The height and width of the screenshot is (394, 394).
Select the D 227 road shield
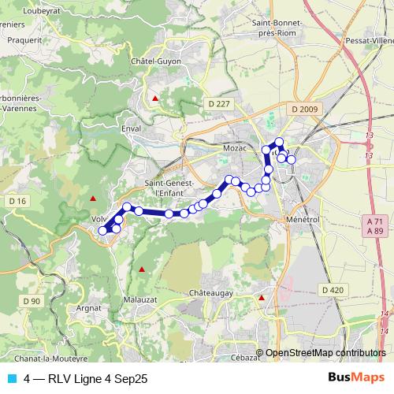[221, 104]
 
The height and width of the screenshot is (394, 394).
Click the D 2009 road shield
[303, 109]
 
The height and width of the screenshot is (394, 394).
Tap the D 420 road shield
[333, 290]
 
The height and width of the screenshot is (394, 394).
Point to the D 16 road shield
[18, 202]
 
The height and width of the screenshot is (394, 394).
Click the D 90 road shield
[31, 301]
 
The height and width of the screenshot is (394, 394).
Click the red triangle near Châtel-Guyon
[155, 98]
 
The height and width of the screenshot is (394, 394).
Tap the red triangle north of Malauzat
[142, 269]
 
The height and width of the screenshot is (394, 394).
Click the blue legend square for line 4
[11, 378]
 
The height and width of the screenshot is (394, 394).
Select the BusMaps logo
[357, 378]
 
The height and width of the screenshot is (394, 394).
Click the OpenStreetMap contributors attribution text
[325, 354]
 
